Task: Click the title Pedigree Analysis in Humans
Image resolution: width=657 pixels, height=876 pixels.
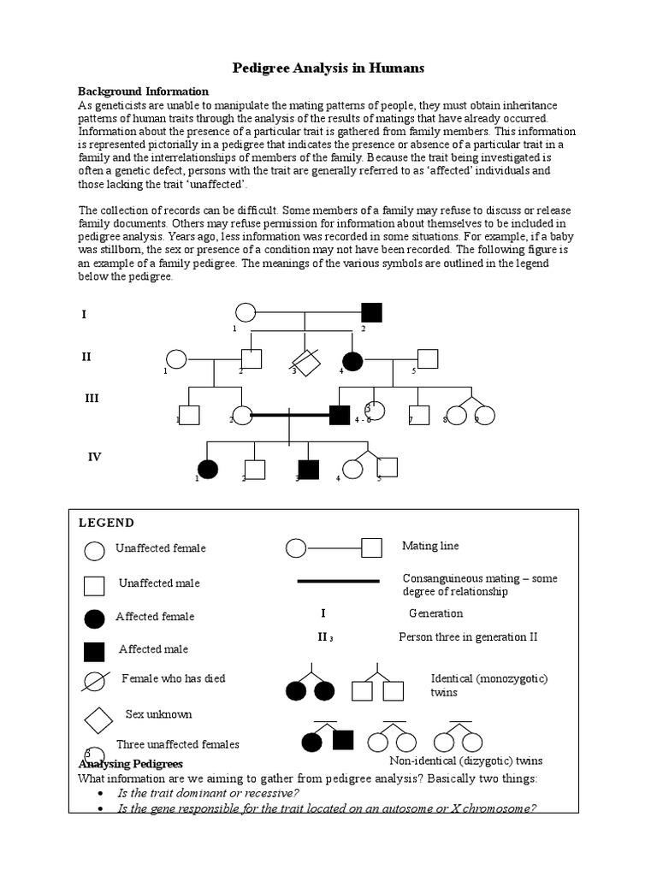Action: click(x=328, y=68)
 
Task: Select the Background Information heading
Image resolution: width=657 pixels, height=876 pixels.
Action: click(x=143, y=91)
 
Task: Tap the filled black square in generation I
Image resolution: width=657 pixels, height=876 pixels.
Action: click(x=370, y=313)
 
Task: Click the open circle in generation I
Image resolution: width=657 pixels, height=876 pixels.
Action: click(x=245, y=313)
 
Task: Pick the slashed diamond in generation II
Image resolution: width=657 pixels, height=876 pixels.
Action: click(x=306, y=362)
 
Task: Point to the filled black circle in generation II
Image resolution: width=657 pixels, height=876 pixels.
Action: click(x=352, y=361)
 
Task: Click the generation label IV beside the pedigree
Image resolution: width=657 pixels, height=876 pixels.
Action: click(x=94, y=457)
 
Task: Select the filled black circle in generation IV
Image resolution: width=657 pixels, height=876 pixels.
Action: click(x=207, y=469)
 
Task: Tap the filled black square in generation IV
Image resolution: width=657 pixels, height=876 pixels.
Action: click(x=308, y=469)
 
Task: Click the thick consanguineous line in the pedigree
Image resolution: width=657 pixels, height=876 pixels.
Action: click(x=291, y=415)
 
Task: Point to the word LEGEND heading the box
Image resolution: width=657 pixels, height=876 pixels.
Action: click(x=106, y=523)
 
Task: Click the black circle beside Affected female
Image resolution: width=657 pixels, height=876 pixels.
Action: click(x=95, y=618)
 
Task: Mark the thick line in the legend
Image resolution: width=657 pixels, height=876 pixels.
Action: click(x=338, y=581)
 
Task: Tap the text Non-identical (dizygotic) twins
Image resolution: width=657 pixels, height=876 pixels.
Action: click(x=465, y=761)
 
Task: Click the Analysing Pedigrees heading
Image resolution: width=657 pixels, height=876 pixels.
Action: click(x=131, y=763)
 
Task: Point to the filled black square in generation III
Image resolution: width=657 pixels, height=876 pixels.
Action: click(x=340, y=415)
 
